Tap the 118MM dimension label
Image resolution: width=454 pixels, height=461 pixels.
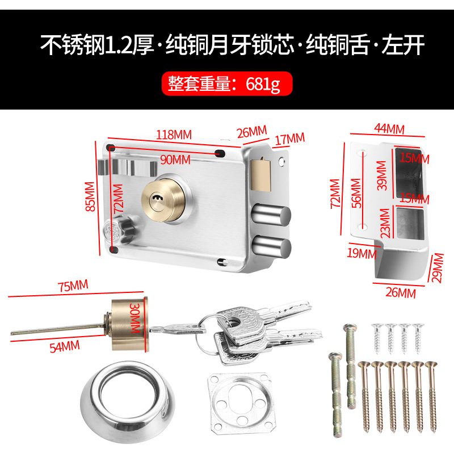coord(174,135)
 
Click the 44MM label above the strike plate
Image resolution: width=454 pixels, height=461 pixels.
coord(389,129)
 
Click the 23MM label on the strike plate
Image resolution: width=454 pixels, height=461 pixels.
coord(385,223)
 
